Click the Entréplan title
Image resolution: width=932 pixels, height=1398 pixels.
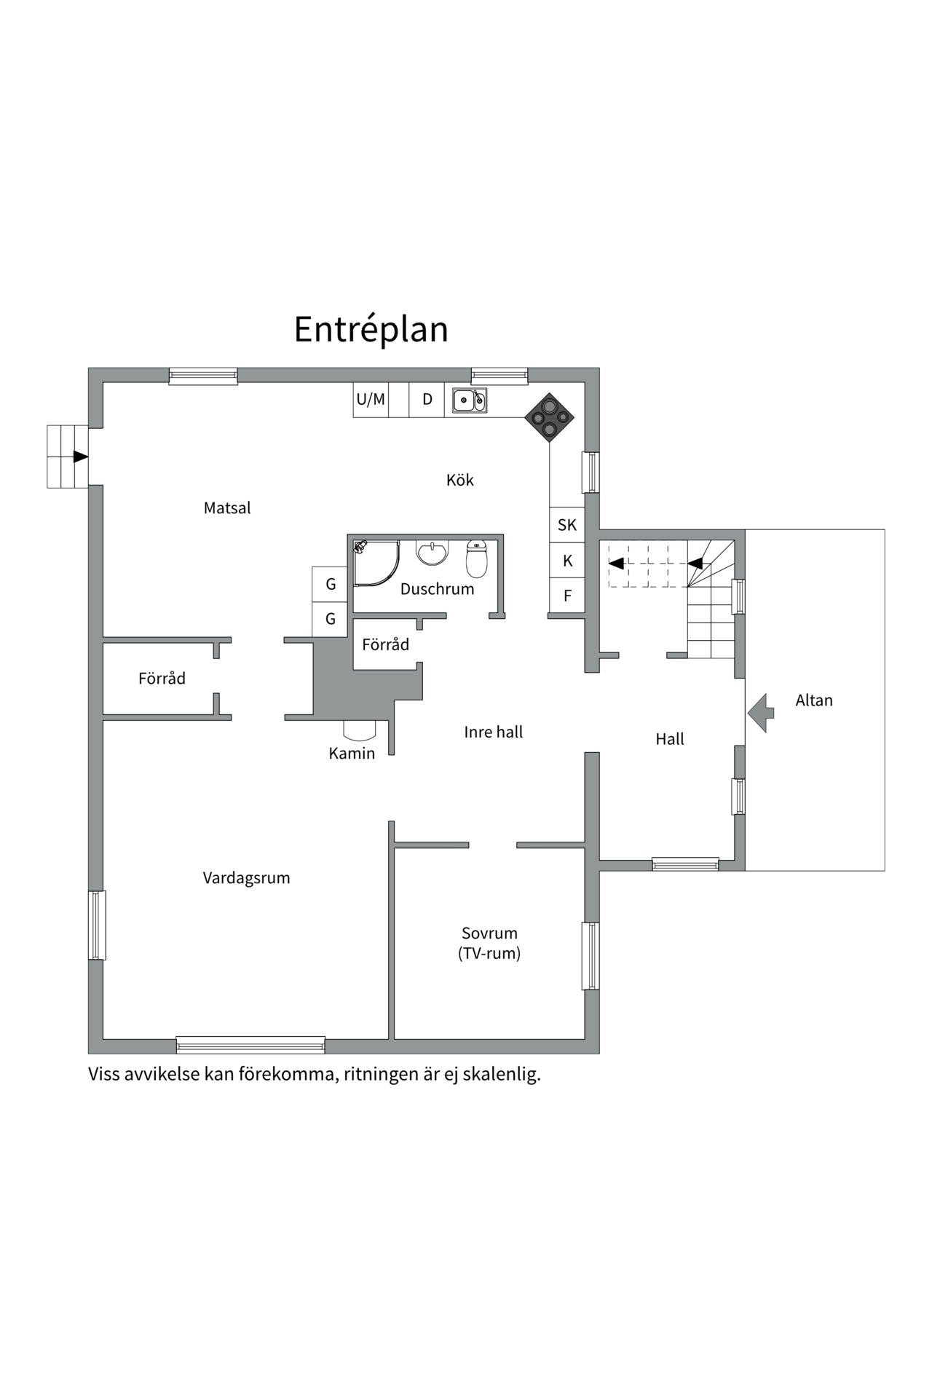[x=371, y=329]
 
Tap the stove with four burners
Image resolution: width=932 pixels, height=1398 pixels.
[x=549, y=417]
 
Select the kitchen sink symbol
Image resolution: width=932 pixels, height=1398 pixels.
[x=469, y=400]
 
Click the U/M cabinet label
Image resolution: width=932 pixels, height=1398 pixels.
[x=371, y=399]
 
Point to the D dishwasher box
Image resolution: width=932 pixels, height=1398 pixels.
[x=427, y=399]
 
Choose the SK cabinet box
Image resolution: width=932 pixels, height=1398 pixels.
[x=567, y=525]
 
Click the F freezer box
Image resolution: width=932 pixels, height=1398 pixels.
[x=567, y=596]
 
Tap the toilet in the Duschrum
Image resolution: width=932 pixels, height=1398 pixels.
[x=476, y=558]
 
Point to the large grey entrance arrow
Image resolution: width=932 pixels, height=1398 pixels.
[x=761, y=713]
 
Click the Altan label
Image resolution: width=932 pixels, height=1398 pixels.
[x=813, y=700]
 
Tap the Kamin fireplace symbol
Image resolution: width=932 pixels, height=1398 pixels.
[x=360, y=728]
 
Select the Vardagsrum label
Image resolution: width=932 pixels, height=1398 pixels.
[x=246, y=878]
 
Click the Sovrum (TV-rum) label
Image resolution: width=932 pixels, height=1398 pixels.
[x=489, y=943]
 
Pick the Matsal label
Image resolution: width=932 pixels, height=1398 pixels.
[x=227, y=508]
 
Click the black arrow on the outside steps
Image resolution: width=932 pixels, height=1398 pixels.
[x=80, y=457]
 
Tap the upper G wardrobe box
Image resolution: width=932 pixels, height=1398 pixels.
[x=330, y=584]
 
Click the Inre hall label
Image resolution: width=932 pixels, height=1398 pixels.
[x=493, y=732]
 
